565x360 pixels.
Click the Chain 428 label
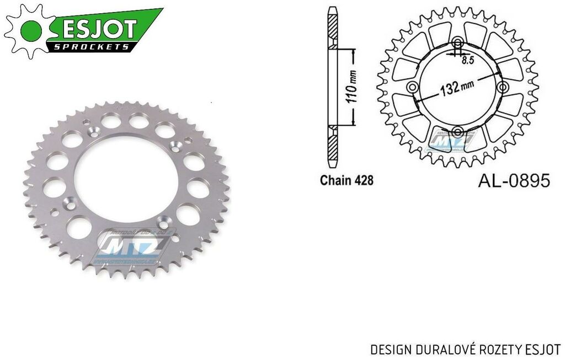346,180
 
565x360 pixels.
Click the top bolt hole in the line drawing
457,44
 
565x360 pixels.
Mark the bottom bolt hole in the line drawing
457,131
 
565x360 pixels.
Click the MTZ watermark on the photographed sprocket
136,243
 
